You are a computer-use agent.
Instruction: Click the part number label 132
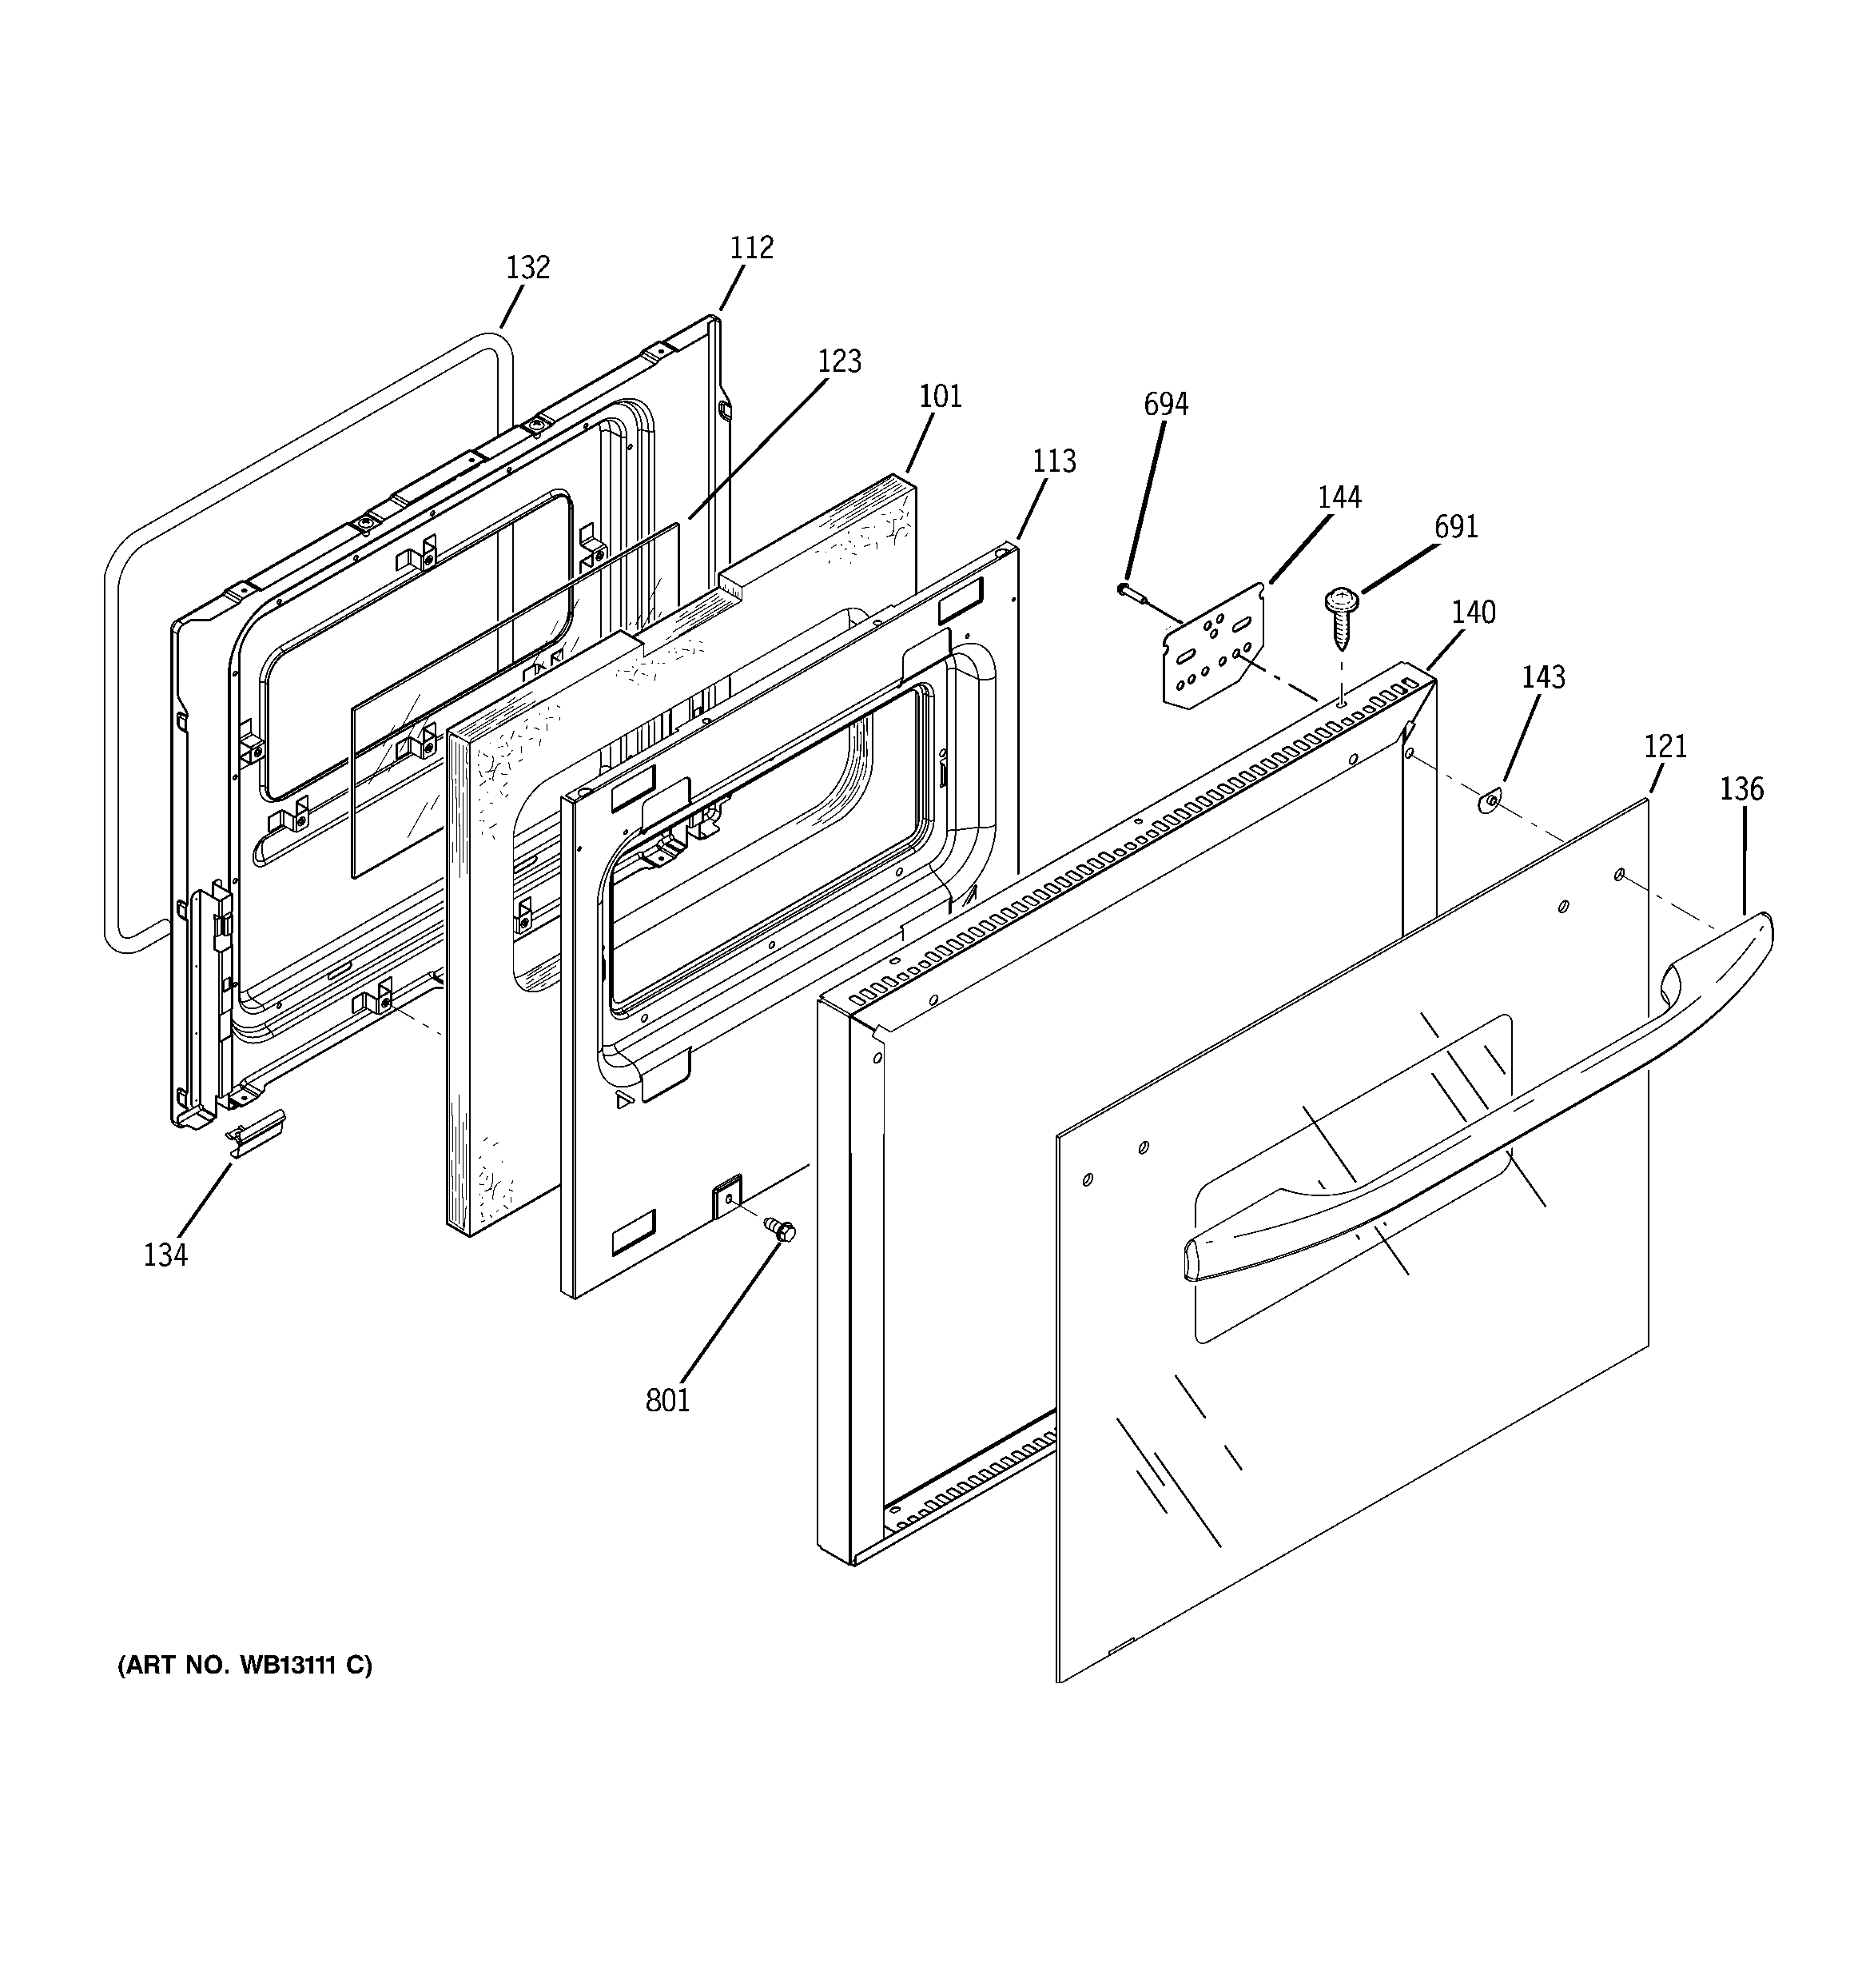(x=527, y=268)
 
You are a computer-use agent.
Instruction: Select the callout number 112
(x=751, y=248)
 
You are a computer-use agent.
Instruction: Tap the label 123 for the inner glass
(x=839, y=361)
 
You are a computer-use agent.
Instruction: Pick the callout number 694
(x=1165, y=404)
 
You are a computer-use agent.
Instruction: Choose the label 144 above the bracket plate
(x=1339, y=497)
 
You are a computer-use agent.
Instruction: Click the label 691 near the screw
(x=1456, y=527)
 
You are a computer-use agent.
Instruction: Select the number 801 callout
(x=666, y=1401)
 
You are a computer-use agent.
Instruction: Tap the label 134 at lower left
(x=165, y=1255)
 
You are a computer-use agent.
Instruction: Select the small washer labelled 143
(x=1490, y=800)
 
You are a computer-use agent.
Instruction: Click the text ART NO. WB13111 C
(x=245, y=1666)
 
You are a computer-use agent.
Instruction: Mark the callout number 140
(x=1473, y=612)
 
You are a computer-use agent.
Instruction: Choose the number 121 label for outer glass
(x=1665, y=745)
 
